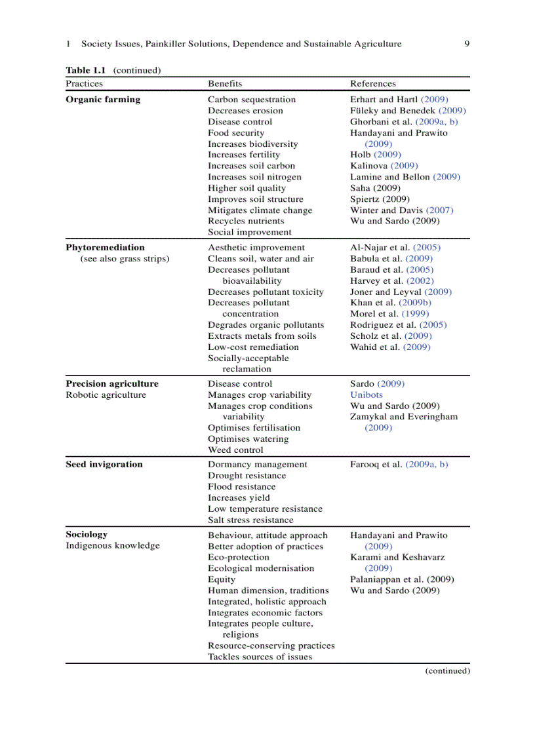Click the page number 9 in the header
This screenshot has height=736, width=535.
tap(466, 44)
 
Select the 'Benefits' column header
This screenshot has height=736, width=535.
tap(225, 83)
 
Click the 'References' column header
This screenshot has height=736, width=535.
tap(372, 83)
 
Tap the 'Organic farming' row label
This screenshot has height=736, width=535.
tap(103, 100)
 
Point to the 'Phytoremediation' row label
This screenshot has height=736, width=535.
tap(105, 247)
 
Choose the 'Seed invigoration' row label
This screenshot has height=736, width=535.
tap(104, 464)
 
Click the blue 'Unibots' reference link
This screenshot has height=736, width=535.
tap(366, 395)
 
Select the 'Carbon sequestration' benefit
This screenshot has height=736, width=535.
tap(252, 100)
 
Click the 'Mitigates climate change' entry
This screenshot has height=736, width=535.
tap(260, 210)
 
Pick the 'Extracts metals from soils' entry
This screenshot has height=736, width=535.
tap(262, 336)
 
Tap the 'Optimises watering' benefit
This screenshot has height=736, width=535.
tap(248, 438)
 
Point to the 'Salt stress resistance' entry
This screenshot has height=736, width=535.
tap(250, 520)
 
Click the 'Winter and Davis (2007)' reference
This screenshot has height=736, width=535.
tap(401, 210)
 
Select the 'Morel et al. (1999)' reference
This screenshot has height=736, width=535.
tap(390, 314)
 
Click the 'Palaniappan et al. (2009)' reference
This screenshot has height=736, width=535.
tap(402, 579)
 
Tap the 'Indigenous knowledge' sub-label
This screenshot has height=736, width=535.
tap(112, 545)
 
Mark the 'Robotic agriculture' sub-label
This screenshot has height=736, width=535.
tap(106, 395)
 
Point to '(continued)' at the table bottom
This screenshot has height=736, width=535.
tap(447, 670)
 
